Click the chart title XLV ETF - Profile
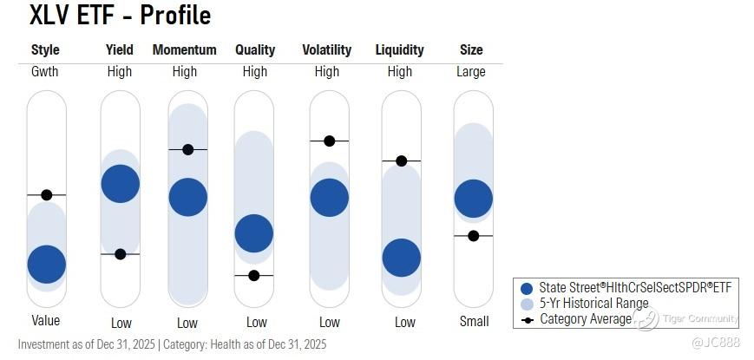pyautogui.click(x=120, y=16)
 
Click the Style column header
pyautogui.click(x=45, y=50)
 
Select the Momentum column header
pyautogui.click(x=184, y=50)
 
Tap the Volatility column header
pyautogui.click(x=328, y=50)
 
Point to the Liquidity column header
pyautogui.click(x=400, y=50)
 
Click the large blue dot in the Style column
pyautogui.click(x=47, y=264)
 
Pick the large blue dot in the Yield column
pyautogui.click(x=121, y=183)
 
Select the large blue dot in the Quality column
pyautogui.click(x=254, y=233)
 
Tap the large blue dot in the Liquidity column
pyautogui.click(x=402, y=257)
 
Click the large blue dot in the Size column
pyautogui.click(x=474, y=198)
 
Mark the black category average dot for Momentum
pyautogui.click(x=187, y=150)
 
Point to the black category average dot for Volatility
pyautogui.click(x=329, y=141)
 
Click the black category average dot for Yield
pyautogui.click(x=121, y=254)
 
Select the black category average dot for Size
pyautogui.click(x=473, y=236)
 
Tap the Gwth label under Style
pyautogui.click(x=45, y=72)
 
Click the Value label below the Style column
pyautogui.click(x=44, y=322)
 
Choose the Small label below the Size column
pyautogui.click(x=473, y=322)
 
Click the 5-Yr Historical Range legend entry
pyautogui.click(x=593, y=304)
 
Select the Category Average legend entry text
pyautogui.click(x=586, y=318)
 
